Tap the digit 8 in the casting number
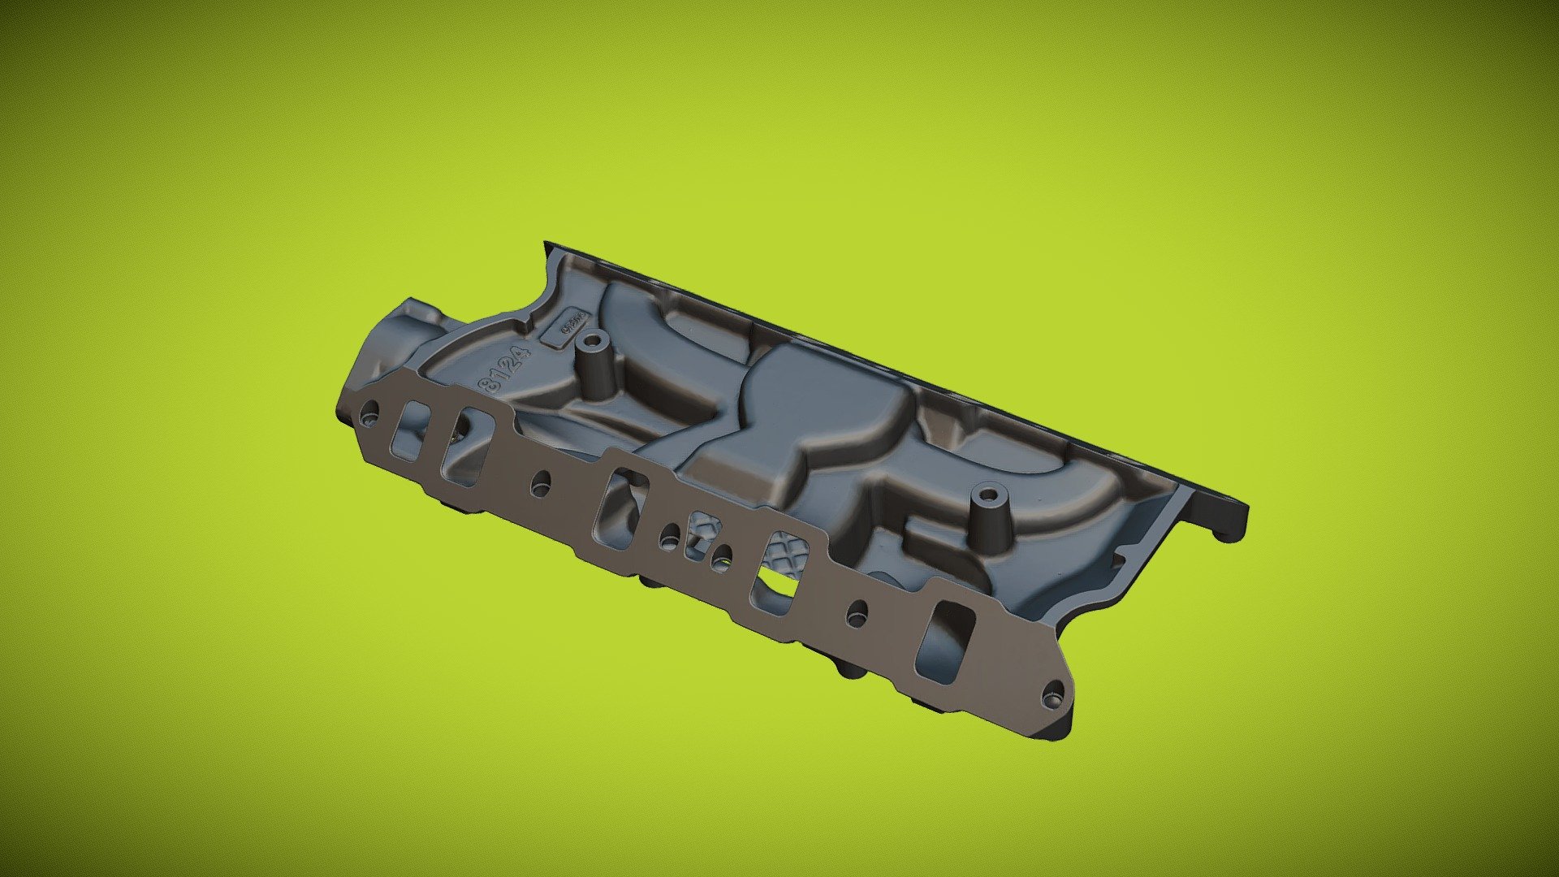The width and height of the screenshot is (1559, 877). pos(491,385)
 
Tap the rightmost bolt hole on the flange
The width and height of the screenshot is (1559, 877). pos(1053,697)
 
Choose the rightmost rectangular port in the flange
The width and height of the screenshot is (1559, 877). pos(944,642)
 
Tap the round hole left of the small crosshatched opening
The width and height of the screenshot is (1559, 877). pos(670,535)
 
